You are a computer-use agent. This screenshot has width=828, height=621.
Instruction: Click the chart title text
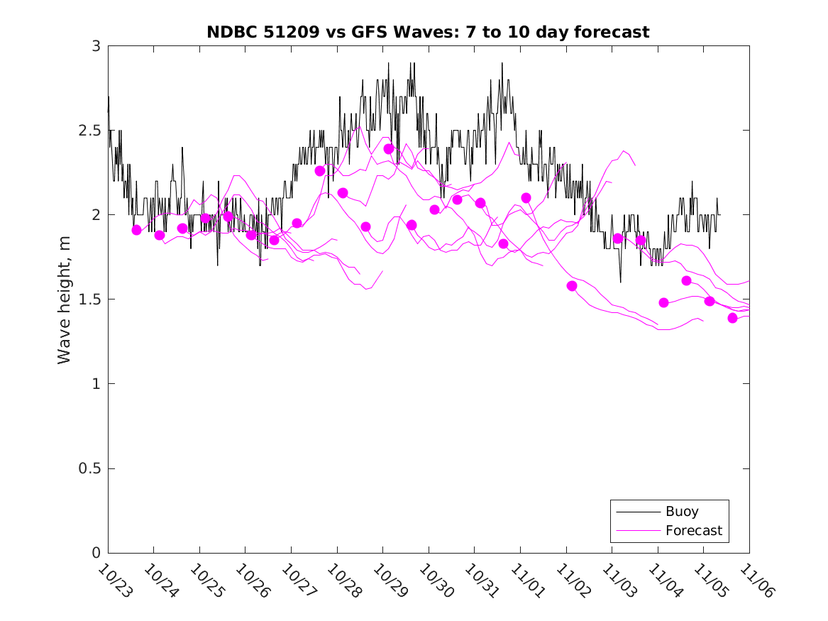pyautogui.click(x=428, y=32)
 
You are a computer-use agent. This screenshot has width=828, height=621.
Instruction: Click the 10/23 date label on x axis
pyautogui.click(x=114, y=581)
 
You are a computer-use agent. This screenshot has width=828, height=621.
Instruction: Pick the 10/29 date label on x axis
pyautogui.click(x=389, y=581)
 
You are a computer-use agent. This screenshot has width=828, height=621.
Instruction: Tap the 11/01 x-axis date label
pyautogui.click(x=526, y=581)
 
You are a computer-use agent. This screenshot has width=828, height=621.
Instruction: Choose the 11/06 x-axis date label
pyautogui.click(x=755, y=581)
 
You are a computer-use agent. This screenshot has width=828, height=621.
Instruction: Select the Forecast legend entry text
pyautogui.click(x=693, y=530)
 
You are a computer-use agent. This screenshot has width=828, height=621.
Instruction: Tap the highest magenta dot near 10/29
pyautogui.click(x=389, y=149)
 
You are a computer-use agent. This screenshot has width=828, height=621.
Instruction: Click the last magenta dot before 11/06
pyautogui.click(x=732, y=318)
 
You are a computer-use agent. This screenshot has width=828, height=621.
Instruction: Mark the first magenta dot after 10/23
pyautogui.click(x=137, y=230)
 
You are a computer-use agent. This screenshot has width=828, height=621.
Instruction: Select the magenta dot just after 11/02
pyautogui.click(x=572, y=286)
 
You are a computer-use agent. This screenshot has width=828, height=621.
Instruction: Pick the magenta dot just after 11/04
pyautogui.click(x=663, y=302)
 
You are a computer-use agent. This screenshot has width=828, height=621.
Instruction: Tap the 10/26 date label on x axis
pyautogui.click(x=251, y=581)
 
